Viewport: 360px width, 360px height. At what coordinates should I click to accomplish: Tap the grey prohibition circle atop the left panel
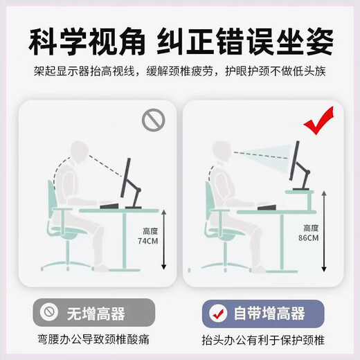coord(154,120)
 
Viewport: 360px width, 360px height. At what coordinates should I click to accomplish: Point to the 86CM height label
coord(309,233)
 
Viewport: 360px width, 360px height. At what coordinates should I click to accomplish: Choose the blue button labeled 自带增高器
coord(267,315)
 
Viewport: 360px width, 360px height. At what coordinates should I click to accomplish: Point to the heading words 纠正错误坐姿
coord(251,42)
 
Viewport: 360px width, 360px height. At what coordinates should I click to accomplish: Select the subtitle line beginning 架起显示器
coord(180,73)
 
